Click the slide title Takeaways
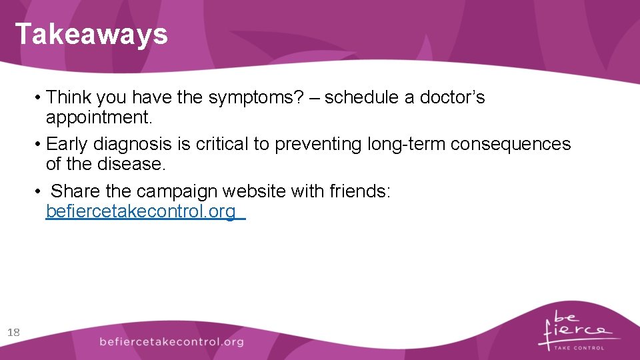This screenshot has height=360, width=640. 91,34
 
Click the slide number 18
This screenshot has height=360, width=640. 13,332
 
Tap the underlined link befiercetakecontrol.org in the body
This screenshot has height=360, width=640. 141,212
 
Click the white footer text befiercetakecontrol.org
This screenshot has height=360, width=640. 171,342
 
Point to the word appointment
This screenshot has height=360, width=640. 99,118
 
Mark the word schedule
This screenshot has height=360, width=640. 361,98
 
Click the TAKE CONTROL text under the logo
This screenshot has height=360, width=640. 579,348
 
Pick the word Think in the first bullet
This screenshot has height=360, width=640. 69,98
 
